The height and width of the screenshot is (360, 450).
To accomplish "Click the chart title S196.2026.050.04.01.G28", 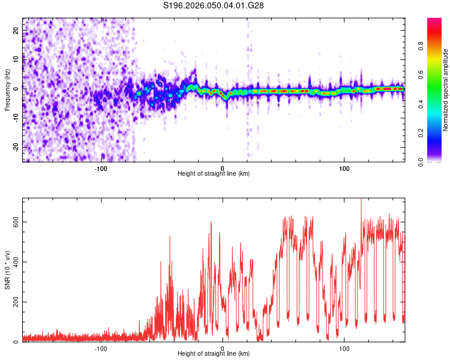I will pos(214,5).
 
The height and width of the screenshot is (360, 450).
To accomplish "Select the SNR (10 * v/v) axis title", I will pos(7,270).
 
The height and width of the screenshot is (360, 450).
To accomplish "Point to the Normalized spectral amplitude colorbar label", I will pos(446,90).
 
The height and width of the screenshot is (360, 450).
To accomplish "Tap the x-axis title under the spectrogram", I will pos(214,173).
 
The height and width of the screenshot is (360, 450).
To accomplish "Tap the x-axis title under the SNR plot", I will pos(214,354).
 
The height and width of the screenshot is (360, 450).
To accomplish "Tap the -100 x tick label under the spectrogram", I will pos(100,167).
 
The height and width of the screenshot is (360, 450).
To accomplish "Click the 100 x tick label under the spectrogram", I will pos(344,167).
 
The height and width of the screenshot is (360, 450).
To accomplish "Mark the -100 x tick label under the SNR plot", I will pos(100,348).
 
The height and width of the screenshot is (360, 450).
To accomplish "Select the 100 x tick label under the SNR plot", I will pos(344,348).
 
